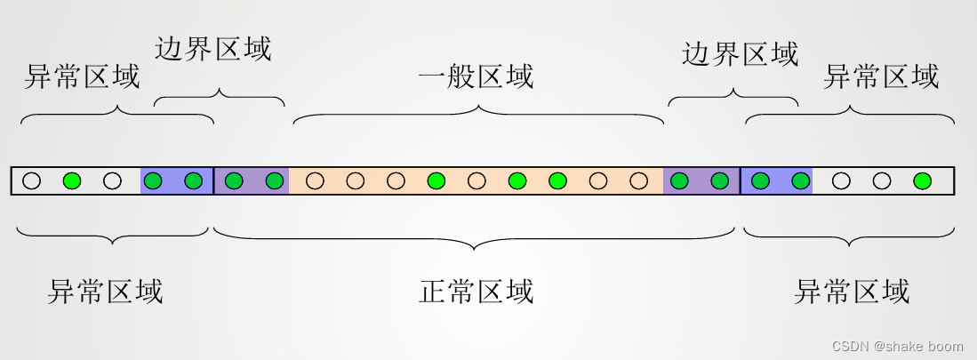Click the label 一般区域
[476, 76]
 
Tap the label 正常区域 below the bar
[476, 291]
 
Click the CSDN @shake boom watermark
[897, 345]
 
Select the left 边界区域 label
[213, 48]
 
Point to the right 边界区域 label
[740, 54]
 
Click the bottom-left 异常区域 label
[105, 291]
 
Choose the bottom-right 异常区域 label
[852, 291]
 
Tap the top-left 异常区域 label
[82, 76]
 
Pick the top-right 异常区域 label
[881, 76]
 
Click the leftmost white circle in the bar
[32, 181]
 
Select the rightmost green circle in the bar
[922, 181]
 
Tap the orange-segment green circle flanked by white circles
[436, 181]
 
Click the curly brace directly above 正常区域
[474, 237]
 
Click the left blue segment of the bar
[177, 181]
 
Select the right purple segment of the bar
[701, 181]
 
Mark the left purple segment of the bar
[252, 181]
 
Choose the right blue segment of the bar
[776, 181]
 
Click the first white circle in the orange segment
[315, 181]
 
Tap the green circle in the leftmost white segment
[72, 181]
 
